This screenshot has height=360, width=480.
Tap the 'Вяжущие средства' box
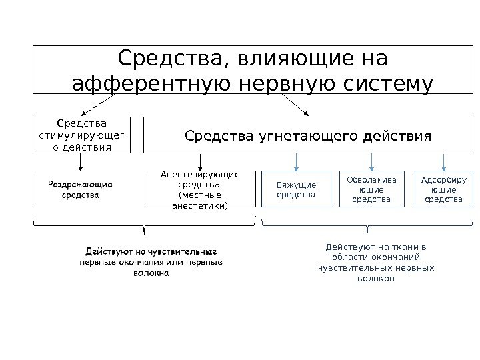pyautogui.click(x=297, y=189)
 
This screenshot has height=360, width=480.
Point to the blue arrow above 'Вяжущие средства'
pyautogui.click(x=297, y=162)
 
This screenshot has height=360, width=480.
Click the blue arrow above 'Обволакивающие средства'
pyautogui.click(x=371, y=162)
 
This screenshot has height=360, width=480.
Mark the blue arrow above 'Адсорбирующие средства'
pyautogui.click(x=443, y=162)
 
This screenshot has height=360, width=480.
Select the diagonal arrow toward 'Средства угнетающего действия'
pyautogui.click(x=293, y=105)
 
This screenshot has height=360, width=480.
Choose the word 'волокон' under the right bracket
pyautogui.click(x=377, y=279)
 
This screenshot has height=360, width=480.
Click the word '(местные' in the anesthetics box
pyautogui.click(x=199, y=195)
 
